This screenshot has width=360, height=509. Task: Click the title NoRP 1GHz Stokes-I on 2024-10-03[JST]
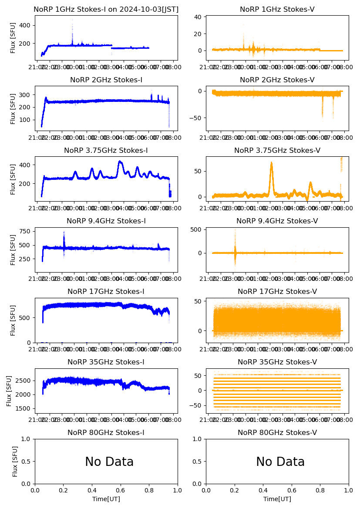coord(106,9)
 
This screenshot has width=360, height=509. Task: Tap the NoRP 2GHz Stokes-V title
coord(277,80)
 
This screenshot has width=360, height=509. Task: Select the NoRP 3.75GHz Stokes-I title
coord(106,150)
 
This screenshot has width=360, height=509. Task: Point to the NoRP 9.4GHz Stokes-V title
coord(277,221)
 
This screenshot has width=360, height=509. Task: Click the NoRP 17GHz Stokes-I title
coord(106,291)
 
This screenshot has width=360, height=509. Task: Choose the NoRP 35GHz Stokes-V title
coord(277,362)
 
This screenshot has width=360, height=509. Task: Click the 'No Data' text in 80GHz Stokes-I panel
coord(109,462)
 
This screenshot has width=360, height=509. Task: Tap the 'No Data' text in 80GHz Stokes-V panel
coord(280,462)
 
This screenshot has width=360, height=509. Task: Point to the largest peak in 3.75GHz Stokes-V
coord(271,164)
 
